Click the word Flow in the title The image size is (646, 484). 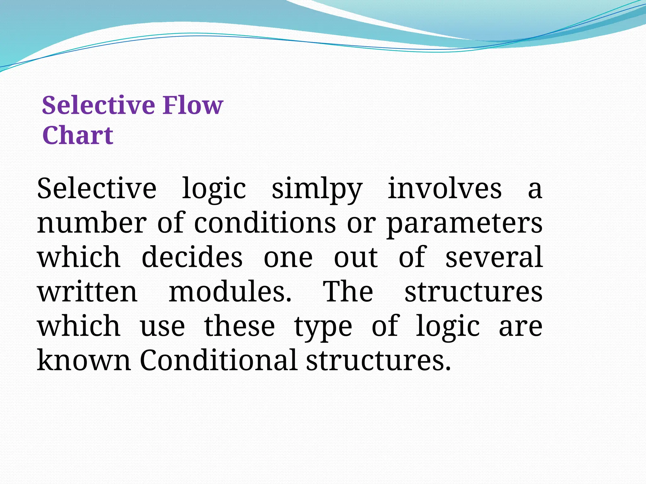tap(193, 105)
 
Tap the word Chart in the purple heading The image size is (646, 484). tap(78, 135)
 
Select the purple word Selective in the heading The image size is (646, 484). tap(98, 105)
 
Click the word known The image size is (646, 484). tap(84, 360)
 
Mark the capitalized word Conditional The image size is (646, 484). tap(218, 360)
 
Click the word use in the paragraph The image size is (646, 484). tap(162, 327)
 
